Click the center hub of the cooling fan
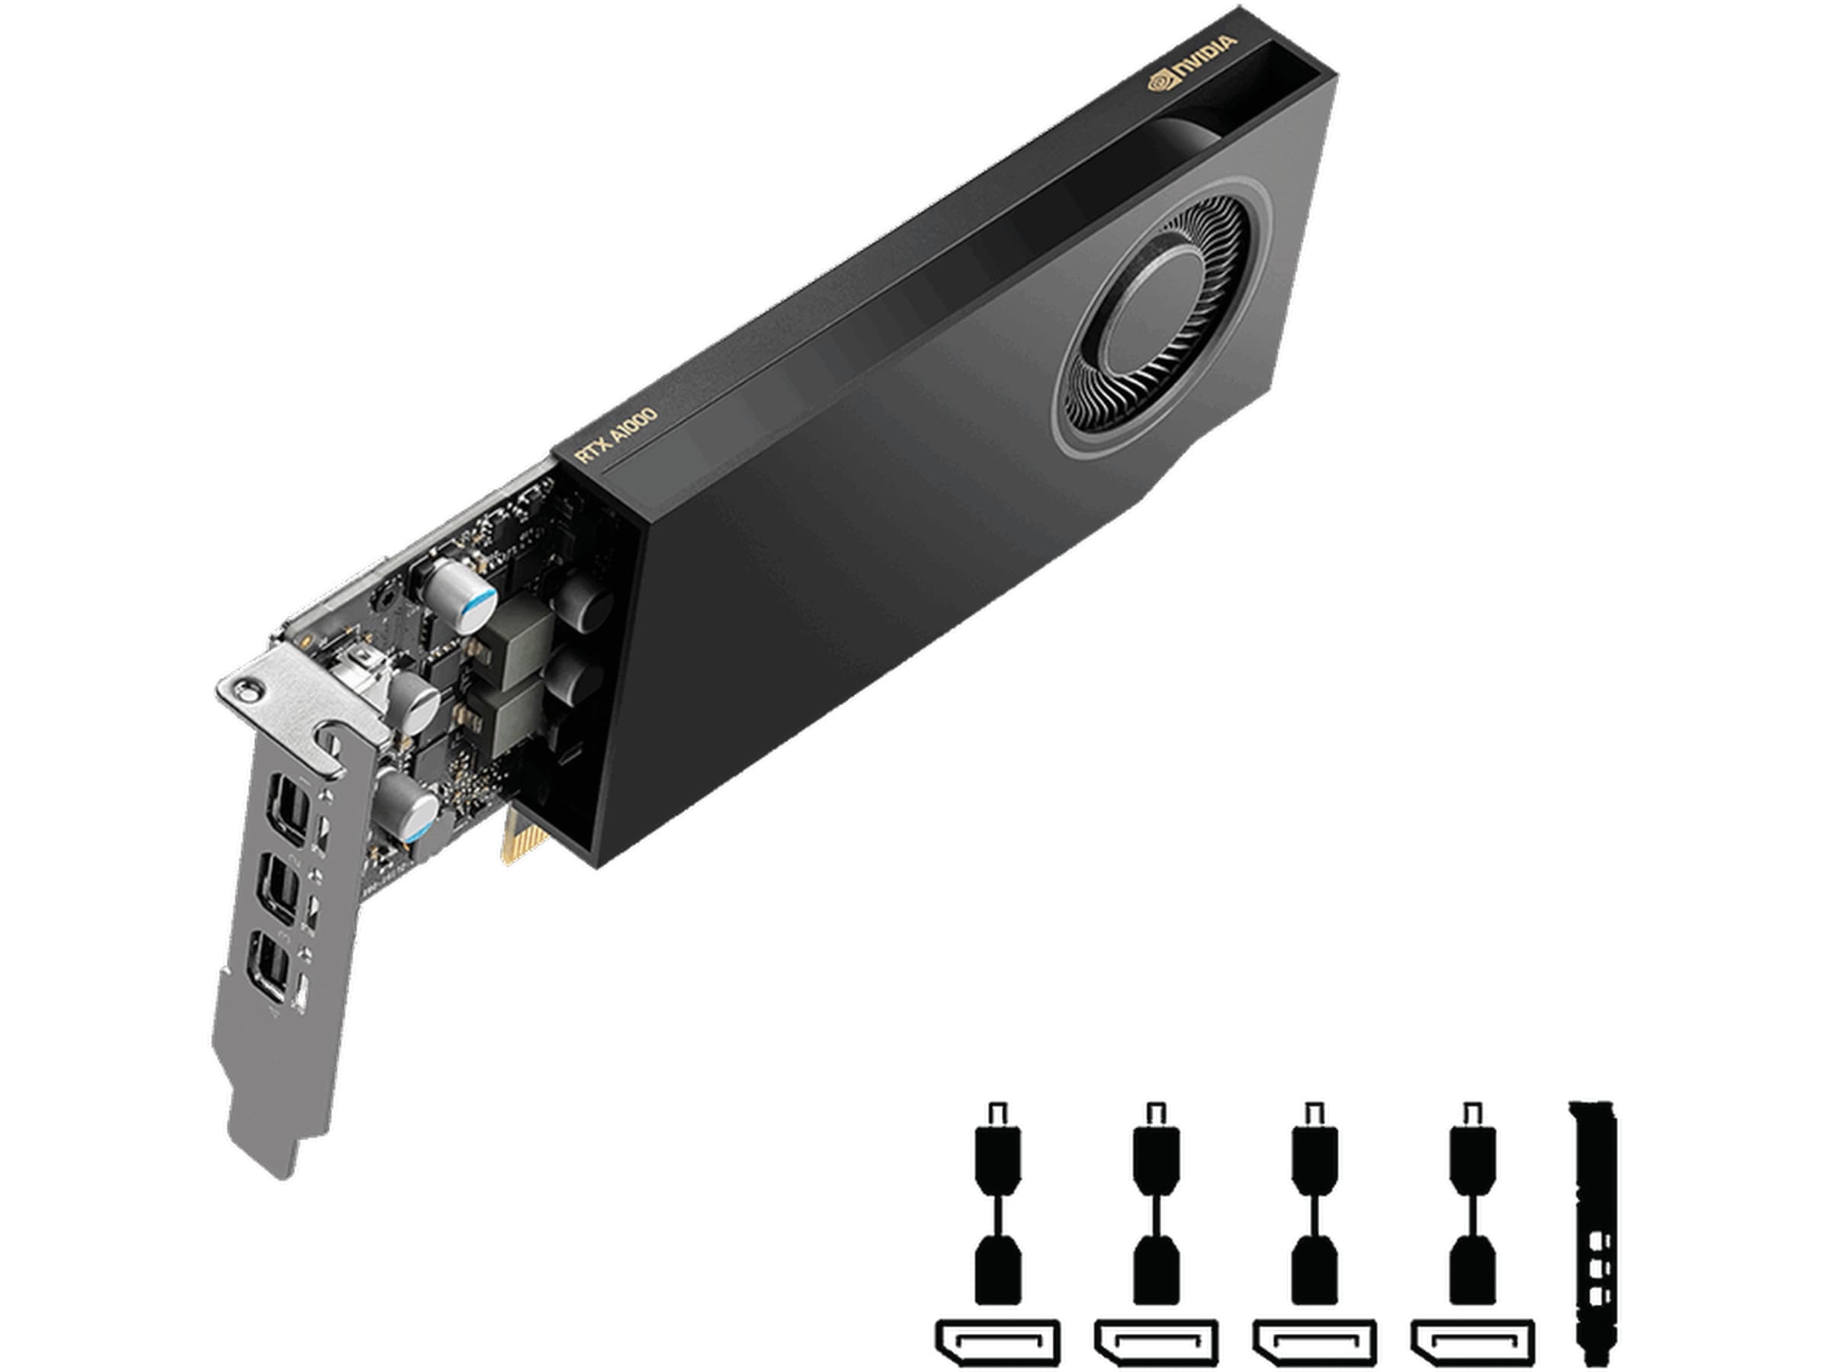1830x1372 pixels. (1151, 314)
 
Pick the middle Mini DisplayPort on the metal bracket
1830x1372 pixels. (278, 890)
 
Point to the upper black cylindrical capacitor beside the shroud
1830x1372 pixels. (585, 601)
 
